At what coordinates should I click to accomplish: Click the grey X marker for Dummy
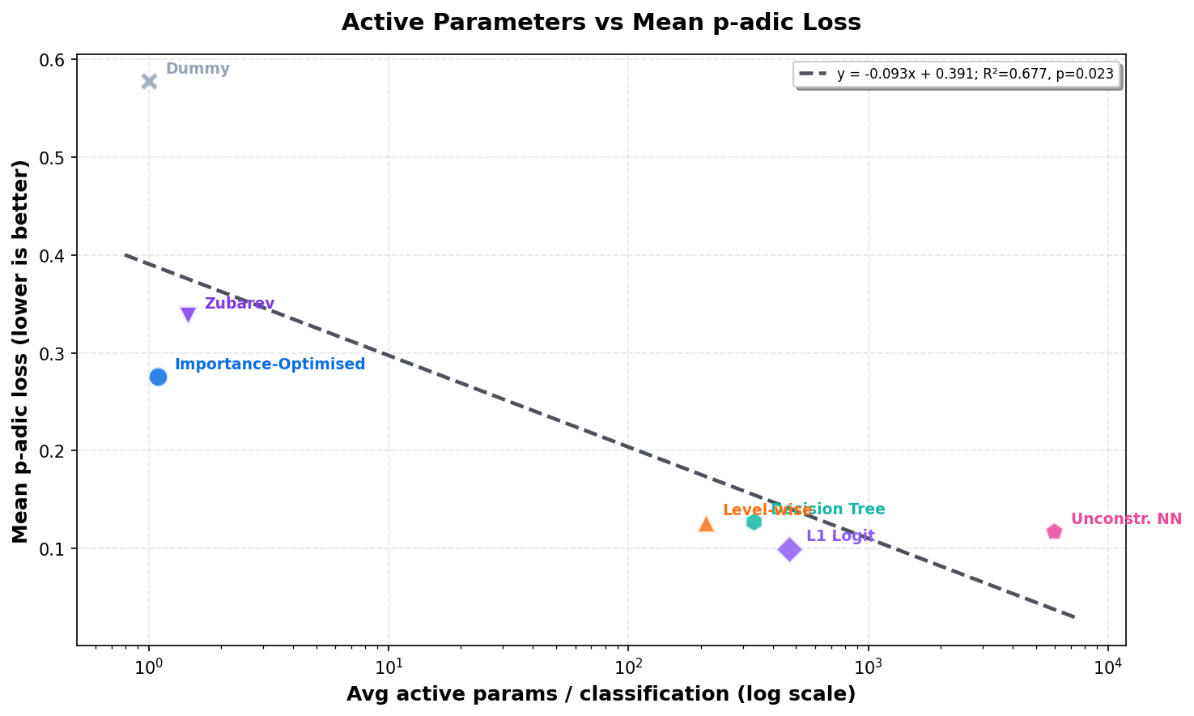(149, 81)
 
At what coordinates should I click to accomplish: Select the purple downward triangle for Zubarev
(188, 314)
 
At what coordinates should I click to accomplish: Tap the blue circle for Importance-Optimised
(158, 377)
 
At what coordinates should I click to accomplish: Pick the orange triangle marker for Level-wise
(706, 524)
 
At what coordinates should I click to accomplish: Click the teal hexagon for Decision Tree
(754, 522)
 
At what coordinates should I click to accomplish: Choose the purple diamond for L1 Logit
(789, 550)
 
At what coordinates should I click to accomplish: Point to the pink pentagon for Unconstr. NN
(1054, 531)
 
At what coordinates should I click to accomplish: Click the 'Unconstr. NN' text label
(1126, 519)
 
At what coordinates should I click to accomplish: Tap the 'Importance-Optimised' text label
(270, 364)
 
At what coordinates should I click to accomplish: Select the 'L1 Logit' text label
(840, 536)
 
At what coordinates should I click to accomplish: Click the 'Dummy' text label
(198, 69)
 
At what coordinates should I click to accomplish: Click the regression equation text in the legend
(975, 75)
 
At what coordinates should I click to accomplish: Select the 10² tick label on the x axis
(629, 667)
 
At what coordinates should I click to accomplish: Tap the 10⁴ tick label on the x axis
(1108, 667)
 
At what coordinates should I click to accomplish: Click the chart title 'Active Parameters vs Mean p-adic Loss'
(601, 22)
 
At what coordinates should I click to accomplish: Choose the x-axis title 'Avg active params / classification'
(601, 694)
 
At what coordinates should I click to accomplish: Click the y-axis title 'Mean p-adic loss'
(21, 352)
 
